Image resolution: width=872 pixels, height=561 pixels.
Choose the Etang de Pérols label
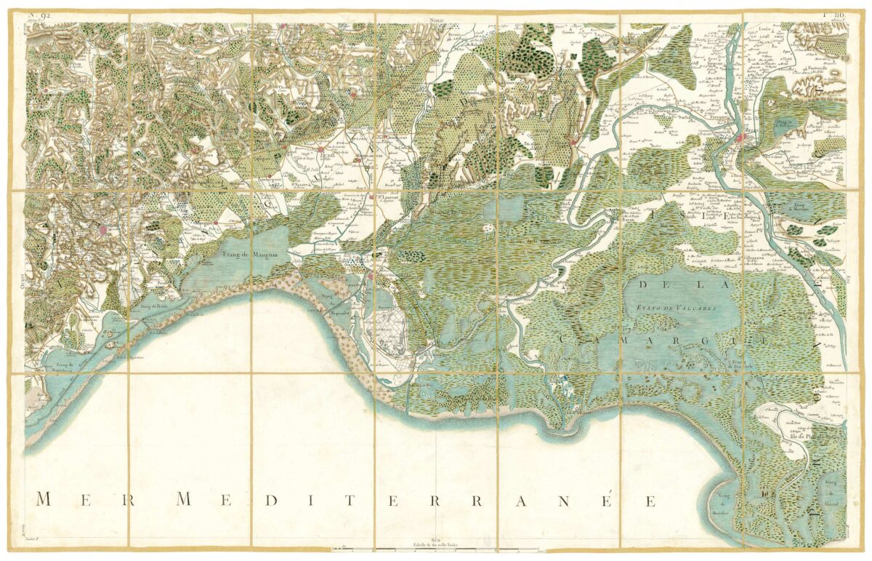coord(154,306)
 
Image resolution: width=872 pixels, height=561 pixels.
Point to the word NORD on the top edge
coord(436,20)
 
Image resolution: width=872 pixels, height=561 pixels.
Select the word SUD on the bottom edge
coord(435,540)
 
